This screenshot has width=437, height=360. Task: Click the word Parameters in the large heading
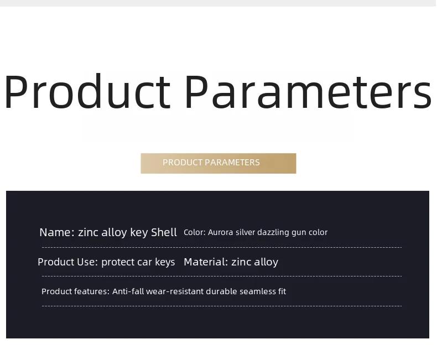(308, 92)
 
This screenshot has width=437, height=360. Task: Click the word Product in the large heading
(87, 91)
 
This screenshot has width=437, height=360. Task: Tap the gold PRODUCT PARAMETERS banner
(218, 163)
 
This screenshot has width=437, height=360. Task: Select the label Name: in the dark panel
(57, 232)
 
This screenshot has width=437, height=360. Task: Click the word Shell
(164, 232)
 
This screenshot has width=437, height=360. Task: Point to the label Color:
(195, 232)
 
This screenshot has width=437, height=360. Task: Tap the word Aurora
(221, 232)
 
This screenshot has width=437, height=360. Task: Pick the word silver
(245, 232)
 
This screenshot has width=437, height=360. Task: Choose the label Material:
(206, 262)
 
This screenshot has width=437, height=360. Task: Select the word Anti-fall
(128, 291)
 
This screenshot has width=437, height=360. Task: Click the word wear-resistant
(175, 291)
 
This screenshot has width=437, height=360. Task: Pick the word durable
(222, 291)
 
